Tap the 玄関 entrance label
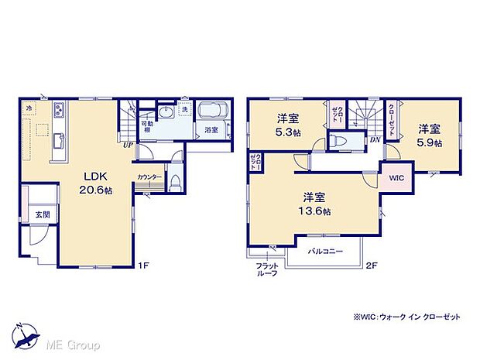point(41,213)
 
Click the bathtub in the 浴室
point(211,111)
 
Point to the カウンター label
point(149,177)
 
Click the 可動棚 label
point(146,126)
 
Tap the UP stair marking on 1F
point(125,143)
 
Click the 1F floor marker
point(143,266)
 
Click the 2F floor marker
point(372,266)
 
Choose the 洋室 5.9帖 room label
point(430,136)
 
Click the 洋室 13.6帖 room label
point(317,204)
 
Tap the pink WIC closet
point(396,177)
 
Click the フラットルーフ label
point(267,270)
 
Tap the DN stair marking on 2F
point(374,140)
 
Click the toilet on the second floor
point(338,142)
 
